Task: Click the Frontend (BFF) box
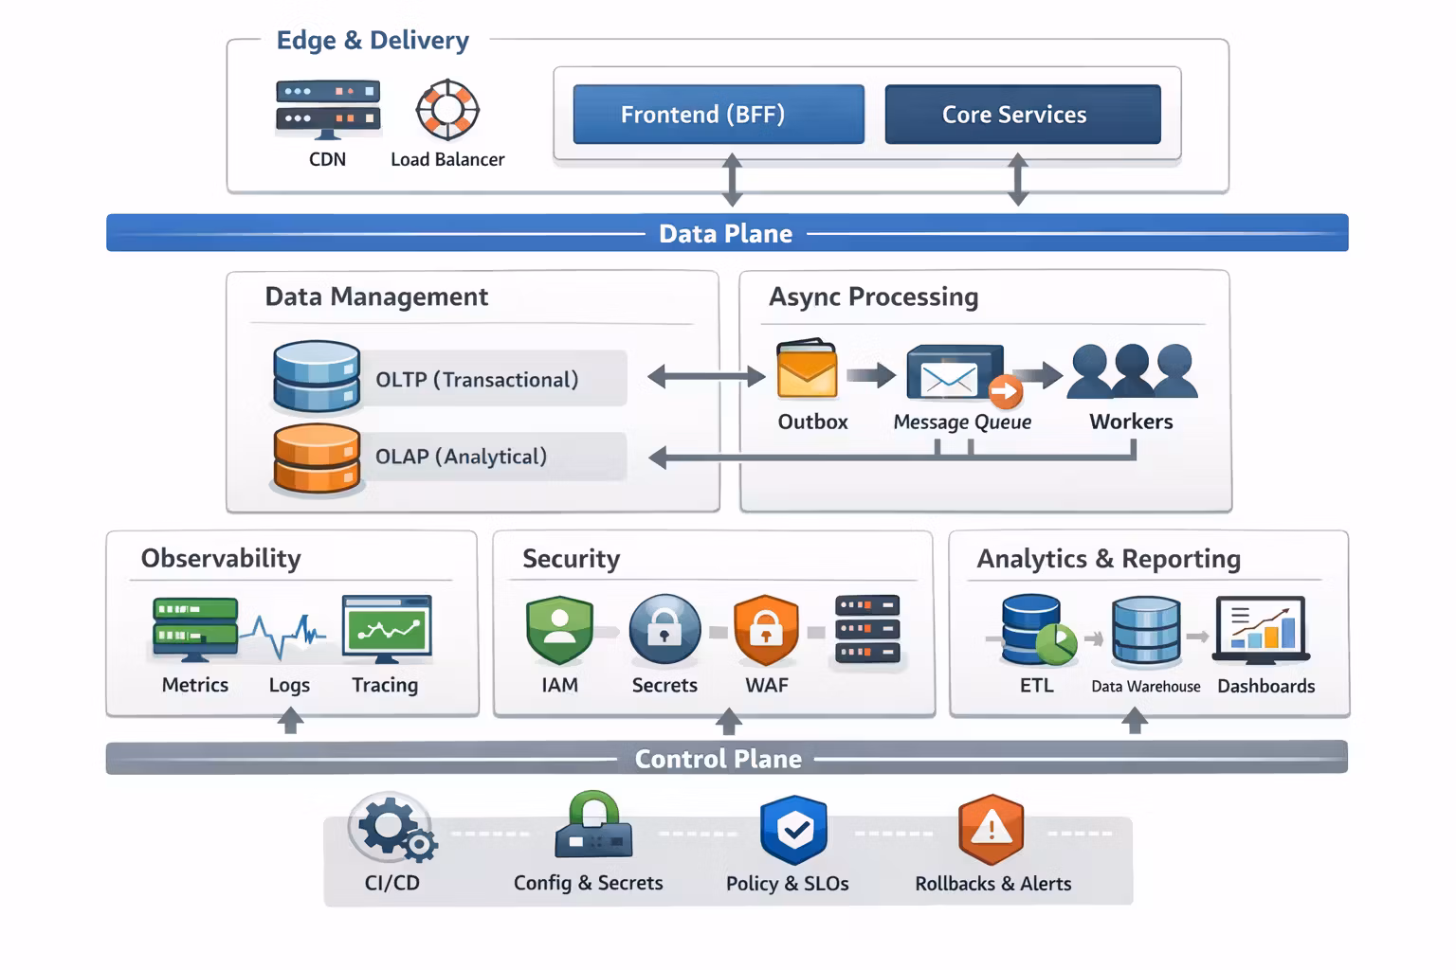tap(719, 115)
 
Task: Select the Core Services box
tap(1022, 115)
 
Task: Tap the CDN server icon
tap(328, 107)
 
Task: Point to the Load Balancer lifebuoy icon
tap(447, 110)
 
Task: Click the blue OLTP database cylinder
tap(316, 377)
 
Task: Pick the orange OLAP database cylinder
tap(316, 458)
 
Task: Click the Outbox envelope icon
tap(807, 370)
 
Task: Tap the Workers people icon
tap(1132, 371)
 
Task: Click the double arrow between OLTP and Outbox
tap(706, 377)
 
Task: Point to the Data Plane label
tap(725, 233)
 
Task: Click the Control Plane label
tap(718, 759)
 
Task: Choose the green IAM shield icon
tap(559, 630)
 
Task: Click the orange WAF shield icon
tap(766, 630)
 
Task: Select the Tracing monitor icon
tap(386, 628)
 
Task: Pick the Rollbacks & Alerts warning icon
tap(991, 829)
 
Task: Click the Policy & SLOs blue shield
tap(793, 830)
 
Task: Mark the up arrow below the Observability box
tap(290, 721)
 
